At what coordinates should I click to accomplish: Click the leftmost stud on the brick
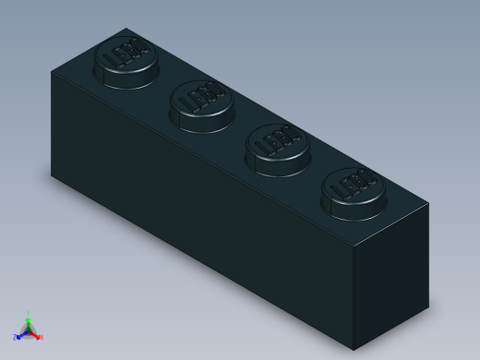point(126,61)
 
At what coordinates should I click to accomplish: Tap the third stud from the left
point(277,148)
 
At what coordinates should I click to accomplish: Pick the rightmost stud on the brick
point(354,192)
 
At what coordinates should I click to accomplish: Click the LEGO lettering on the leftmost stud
point(127,54)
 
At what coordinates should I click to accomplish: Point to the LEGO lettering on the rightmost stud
point(354,185)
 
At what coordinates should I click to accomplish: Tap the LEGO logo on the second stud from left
point(202,96)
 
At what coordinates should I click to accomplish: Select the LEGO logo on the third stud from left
point(278,140)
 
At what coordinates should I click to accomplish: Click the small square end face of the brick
point(391,263)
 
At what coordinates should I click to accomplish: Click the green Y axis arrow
point(28,318)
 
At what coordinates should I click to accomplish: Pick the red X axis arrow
point(36,335)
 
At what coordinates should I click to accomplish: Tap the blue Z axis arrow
point(19,336)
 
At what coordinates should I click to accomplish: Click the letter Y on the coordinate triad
point(28,313)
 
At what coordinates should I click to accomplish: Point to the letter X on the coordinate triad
point(42,338)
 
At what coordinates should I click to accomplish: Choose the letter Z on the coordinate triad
point(15,339)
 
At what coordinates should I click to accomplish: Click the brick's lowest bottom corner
point(354,324)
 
